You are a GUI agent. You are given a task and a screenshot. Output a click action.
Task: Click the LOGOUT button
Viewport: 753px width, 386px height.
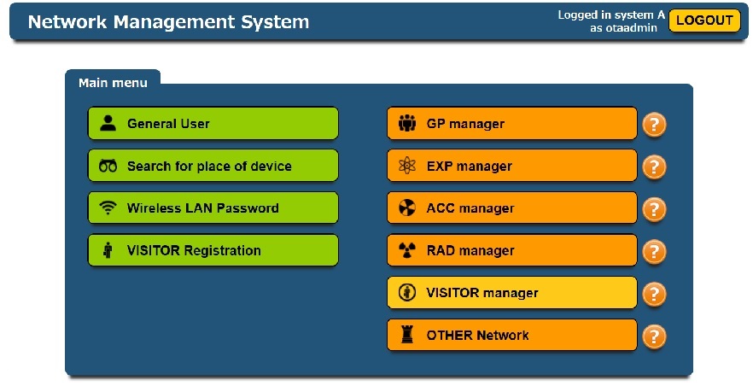[x=704, y=20]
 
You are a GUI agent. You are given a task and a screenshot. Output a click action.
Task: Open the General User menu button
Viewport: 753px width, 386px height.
[x=213, y=123]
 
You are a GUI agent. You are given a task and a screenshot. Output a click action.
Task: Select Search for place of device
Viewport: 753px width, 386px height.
[x=213, y=166]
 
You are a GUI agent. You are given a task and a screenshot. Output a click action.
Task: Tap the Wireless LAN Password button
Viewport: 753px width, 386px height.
[x=213, y=208]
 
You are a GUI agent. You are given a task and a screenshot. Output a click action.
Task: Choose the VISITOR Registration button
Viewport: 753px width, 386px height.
[x=213, y=250]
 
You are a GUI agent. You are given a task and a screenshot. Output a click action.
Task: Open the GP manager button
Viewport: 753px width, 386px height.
[x=512, y=123]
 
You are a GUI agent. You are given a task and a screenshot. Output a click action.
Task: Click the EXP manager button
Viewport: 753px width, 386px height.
[x=512, y=166]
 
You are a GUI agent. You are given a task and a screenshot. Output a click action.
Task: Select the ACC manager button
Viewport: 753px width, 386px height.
[x=512, y=208]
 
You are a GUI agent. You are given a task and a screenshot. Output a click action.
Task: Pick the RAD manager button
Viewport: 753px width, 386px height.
[x=512, y=250]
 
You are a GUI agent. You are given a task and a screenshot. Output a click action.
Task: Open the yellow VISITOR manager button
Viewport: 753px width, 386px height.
[x=512, y=292]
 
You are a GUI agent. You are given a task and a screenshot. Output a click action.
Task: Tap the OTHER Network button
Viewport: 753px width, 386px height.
[x=512, y=335]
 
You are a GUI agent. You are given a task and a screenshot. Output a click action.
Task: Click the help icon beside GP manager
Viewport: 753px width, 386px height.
[x=654, y=125]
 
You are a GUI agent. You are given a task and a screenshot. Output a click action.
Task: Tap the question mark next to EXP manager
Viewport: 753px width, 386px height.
[x=654, y=167]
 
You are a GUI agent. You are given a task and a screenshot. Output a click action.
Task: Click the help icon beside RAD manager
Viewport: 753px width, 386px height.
[x=654, y=252]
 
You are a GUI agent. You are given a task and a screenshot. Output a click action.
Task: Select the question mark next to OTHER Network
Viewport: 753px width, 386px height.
[x=654, y=336]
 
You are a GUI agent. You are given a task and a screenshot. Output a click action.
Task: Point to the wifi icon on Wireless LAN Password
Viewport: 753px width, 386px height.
[x=108, y=208]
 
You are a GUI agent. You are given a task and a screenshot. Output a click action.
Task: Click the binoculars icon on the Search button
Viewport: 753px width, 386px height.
[x=108, y=166]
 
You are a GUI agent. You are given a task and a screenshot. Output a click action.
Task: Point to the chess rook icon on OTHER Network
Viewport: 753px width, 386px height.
[x=406, y=334]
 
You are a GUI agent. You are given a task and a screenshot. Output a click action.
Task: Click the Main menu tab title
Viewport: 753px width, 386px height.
[x=113, y=83]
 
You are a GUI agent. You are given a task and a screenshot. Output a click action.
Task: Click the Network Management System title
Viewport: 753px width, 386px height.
[x=168, y=21]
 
